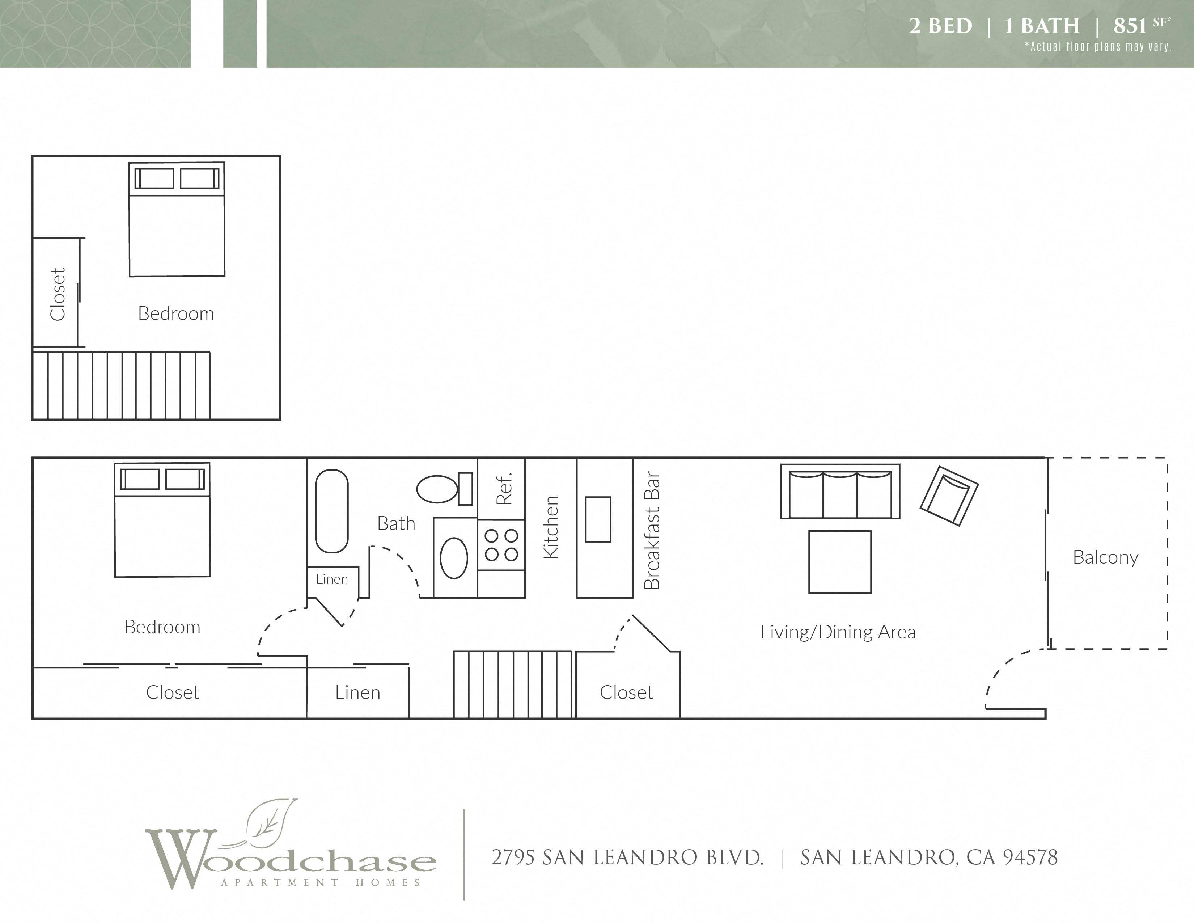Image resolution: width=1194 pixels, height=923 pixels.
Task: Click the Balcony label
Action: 1105,557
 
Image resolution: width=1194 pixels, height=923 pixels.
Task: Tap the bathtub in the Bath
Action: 332,511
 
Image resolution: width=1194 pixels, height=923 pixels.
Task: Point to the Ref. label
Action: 504,488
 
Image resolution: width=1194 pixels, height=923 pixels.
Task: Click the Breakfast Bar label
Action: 652,530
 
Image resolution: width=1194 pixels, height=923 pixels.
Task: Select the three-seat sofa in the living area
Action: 840,491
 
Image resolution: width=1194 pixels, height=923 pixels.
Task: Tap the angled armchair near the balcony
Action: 949,496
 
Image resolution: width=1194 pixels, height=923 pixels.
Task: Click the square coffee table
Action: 840,561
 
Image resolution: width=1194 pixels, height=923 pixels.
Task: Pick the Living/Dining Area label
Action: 838,632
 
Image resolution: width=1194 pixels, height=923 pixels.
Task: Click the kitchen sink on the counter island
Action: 598,519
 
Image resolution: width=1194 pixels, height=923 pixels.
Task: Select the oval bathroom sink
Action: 454,558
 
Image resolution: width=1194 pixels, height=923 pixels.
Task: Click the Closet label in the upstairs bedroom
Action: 58,294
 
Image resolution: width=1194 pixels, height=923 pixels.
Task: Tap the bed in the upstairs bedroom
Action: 177,219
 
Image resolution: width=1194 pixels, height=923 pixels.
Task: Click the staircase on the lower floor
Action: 513,684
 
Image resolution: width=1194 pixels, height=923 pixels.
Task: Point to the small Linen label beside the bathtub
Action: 332,579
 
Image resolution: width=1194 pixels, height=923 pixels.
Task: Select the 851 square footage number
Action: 1130,26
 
